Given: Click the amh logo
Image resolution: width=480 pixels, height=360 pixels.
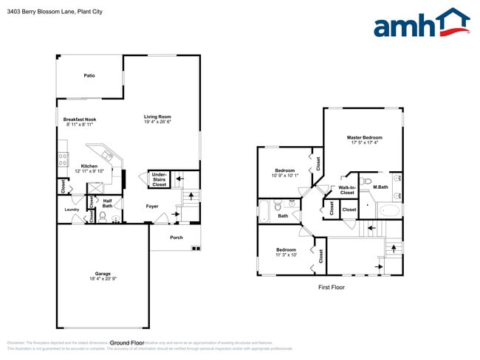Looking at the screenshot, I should tap(421, 24).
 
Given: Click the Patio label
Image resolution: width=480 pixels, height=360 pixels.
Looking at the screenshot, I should tap(89, 75).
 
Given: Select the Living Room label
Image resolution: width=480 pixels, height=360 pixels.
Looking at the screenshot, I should tap(157, 117).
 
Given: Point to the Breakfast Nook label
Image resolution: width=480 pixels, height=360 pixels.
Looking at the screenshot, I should tap(80, 120).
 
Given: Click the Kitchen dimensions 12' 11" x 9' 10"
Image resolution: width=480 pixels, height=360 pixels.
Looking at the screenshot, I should tap(89, 171).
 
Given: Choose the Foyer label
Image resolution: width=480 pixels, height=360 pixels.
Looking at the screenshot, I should tap(152, 207).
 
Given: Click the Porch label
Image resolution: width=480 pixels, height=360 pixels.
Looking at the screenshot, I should tap(176, 238).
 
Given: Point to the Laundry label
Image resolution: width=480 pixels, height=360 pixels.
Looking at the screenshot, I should tap(72, 210).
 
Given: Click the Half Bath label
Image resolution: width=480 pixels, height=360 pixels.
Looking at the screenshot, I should tap(107, 203).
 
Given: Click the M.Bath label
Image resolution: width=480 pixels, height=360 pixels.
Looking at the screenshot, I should tap(380, 187).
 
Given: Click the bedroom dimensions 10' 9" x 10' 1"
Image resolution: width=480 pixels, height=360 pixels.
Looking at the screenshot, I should tap(285, 176).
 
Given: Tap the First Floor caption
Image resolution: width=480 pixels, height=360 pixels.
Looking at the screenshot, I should tap(331, 287).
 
